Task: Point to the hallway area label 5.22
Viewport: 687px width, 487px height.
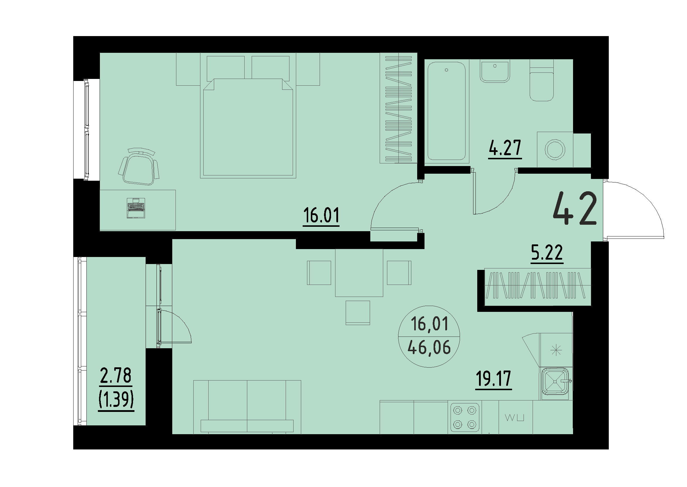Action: tap(547, 253)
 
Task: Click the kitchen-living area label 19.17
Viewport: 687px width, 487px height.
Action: tap(493, 379)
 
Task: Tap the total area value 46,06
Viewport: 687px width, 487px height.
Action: tap(429, 348)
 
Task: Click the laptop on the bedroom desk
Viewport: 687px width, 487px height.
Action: tap(136, 208)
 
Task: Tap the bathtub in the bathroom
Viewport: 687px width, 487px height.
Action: tap(446, 111)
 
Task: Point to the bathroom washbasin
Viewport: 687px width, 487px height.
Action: tap(495, 71)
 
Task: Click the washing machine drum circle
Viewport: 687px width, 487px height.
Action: tap(555, 149)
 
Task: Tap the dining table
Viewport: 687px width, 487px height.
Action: tap(359, 273)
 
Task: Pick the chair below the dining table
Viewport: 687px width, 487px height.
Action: tap(358, 312)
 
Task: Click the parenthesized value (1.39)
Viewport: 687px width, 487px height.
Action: tap(116, 400)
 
